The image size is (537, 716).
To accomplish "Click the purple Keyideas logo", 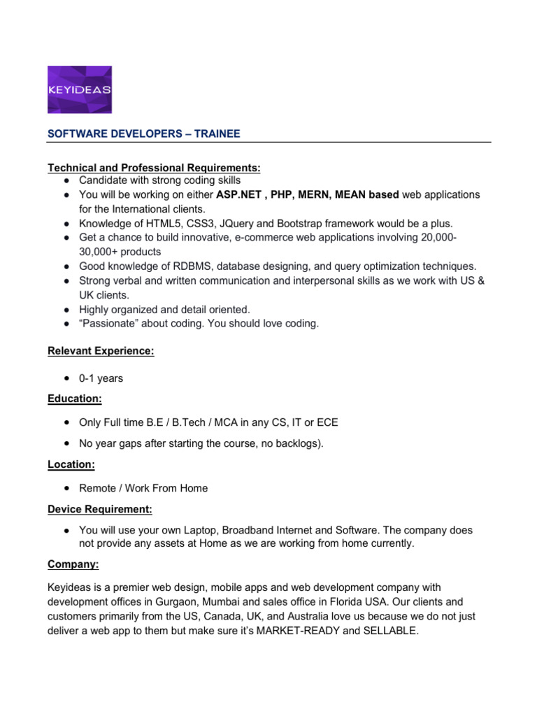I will coord(79,89).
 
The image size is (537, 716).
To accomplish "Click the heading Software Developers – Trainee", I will coord(143,134).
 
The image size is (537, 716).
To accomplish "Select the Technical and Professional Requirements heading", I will coord(154,168).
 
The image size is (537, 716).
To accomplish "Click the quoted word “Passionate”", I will coord(108,324).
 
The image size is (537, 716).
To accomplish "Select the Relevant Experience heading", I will coord(101,351).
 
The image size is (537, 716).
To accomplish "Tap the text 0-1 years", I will coord(101,378).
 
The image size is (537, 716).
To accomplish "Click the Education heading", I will coord(74,398).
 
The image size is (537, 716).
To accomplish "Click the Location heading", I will coord(71,464).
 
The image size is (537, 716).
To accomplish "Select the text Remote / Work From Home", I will coord(143,488).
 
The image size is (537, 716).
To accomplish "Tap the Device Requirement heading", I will coord(99,508).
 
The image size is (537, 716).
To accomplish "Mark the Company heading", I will coord(72,563).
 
